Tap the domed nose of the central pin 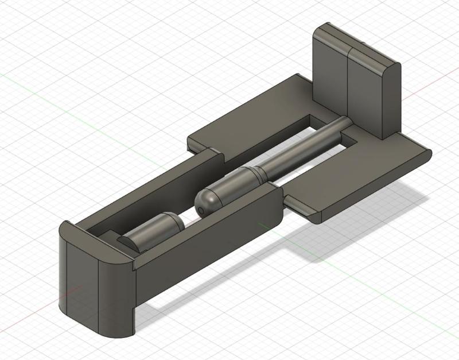pos(208,201)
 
